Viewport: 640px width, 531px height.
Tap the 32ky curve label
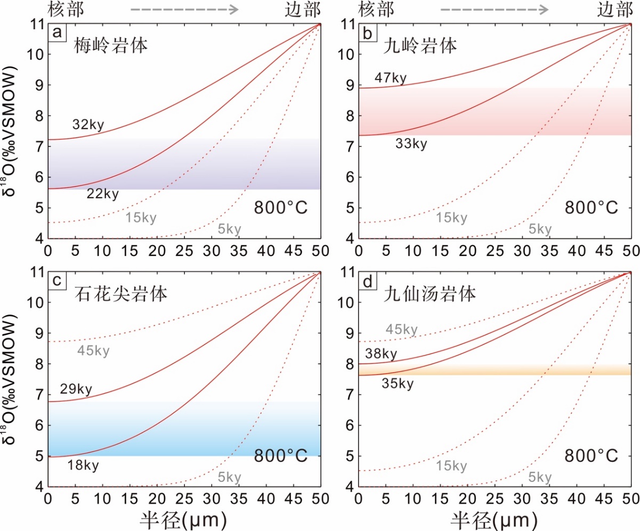tap(88, 126)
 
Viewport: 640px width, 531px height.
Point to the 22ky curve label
tap(102, 194)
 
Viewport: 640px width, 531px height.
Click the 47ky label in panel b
tap(390, 79)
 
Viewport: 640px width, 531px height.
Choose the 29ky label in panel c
tap(76, 390)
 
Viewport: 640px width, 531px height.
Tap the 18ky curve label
tap(83, 465)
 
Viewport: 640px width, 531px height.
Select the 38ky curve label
tap(381, 354)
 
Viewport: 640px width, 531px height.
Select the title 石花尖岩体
tap(120, 293)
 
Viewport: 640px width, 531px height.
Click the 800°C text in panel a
tap(280, 207)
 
